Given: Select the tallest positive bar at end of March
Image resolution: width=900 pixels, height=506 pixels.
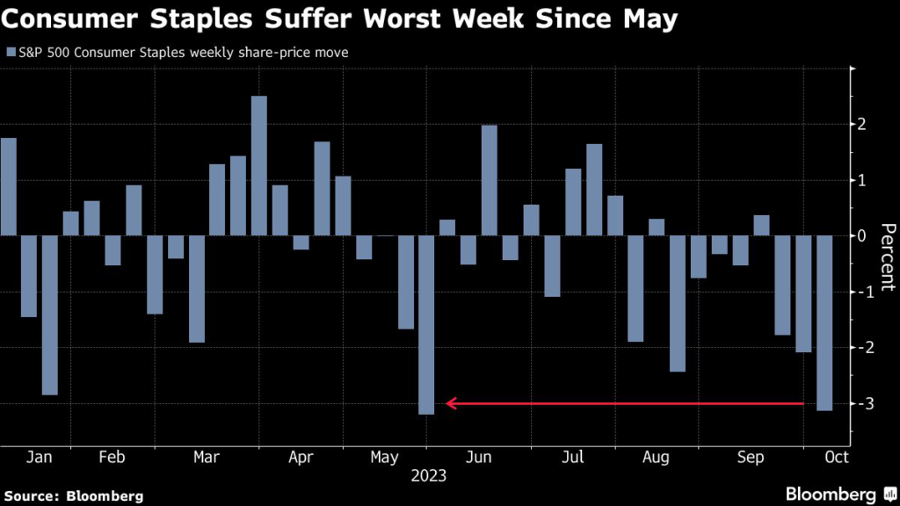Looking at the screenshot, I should click(258, 165).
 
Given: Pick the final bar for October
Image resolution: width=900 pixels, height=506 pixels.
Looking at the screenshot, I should click(824, 322).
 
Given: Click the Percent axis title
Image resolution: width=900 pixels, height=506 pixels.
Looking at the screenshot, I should click(886, 257).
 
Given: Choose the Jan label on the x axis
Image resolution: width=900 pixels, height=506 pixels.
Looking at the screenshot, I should click(40, 457).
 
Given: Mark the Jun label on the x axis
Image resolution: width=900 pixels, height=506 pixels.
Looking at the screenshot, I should click(479, 457).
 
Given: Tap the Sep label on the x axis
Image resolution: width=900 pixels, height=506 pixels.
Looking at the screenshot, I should click(751, 457).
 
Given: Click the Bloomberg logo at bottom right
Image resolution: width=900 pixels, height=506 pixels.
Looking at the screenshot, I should click(840, 494).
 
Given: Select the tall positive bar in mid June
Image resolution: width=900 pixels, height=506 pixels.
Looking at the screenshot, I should click(490, 180).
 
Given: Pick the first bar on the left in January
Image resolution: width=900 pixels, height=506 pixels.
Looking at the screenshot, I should click(8, 186).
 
